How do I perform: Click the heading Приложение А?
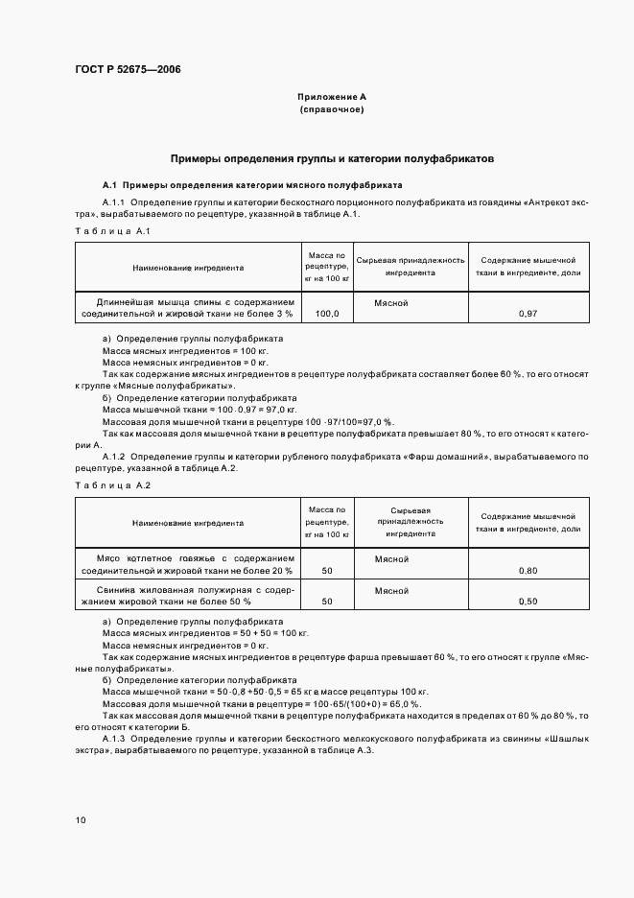coord(331,97)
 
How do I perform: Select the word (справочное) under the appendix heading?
coord(331,109)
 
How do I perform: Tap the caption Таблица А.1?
coord(112,231)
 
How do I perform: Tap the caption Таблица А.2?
coord(112,485)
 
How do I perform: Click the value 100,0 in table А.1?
coord(327,314)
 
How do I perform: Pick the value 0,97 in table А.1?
coord(527,314)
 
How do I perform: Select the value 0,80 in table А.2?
coord(527,571)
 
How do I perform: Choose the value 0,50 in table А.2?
coord(527,602)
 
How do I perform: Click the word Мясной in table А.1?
coord(392,302)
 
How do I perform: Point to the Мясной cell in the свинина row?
coord(392,590)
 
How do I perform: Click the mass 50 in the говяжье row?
coord(327,571)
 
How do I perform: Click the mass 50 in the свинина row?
coord(327,602)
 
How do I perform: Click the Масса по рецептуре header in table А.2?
coord(327,522)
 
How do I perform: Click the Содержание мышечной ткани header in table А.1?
coord(528,267)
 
